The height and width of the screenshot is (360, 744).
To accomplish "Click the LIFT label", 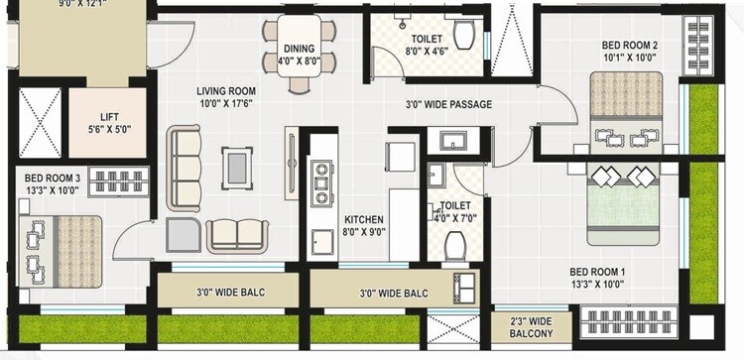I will tap(109, 116).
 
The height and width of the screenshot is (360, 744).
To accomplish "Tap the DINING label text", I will tap(300, 48).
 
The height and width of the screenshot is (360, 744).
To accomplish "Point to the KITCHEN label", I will tap(363, 219).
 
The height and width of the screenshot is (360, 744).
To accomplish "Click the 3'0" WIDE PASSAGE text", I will tap(448, 104).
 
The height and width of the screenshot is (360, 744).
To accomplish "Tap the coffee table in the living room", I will tap(236, 167).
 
